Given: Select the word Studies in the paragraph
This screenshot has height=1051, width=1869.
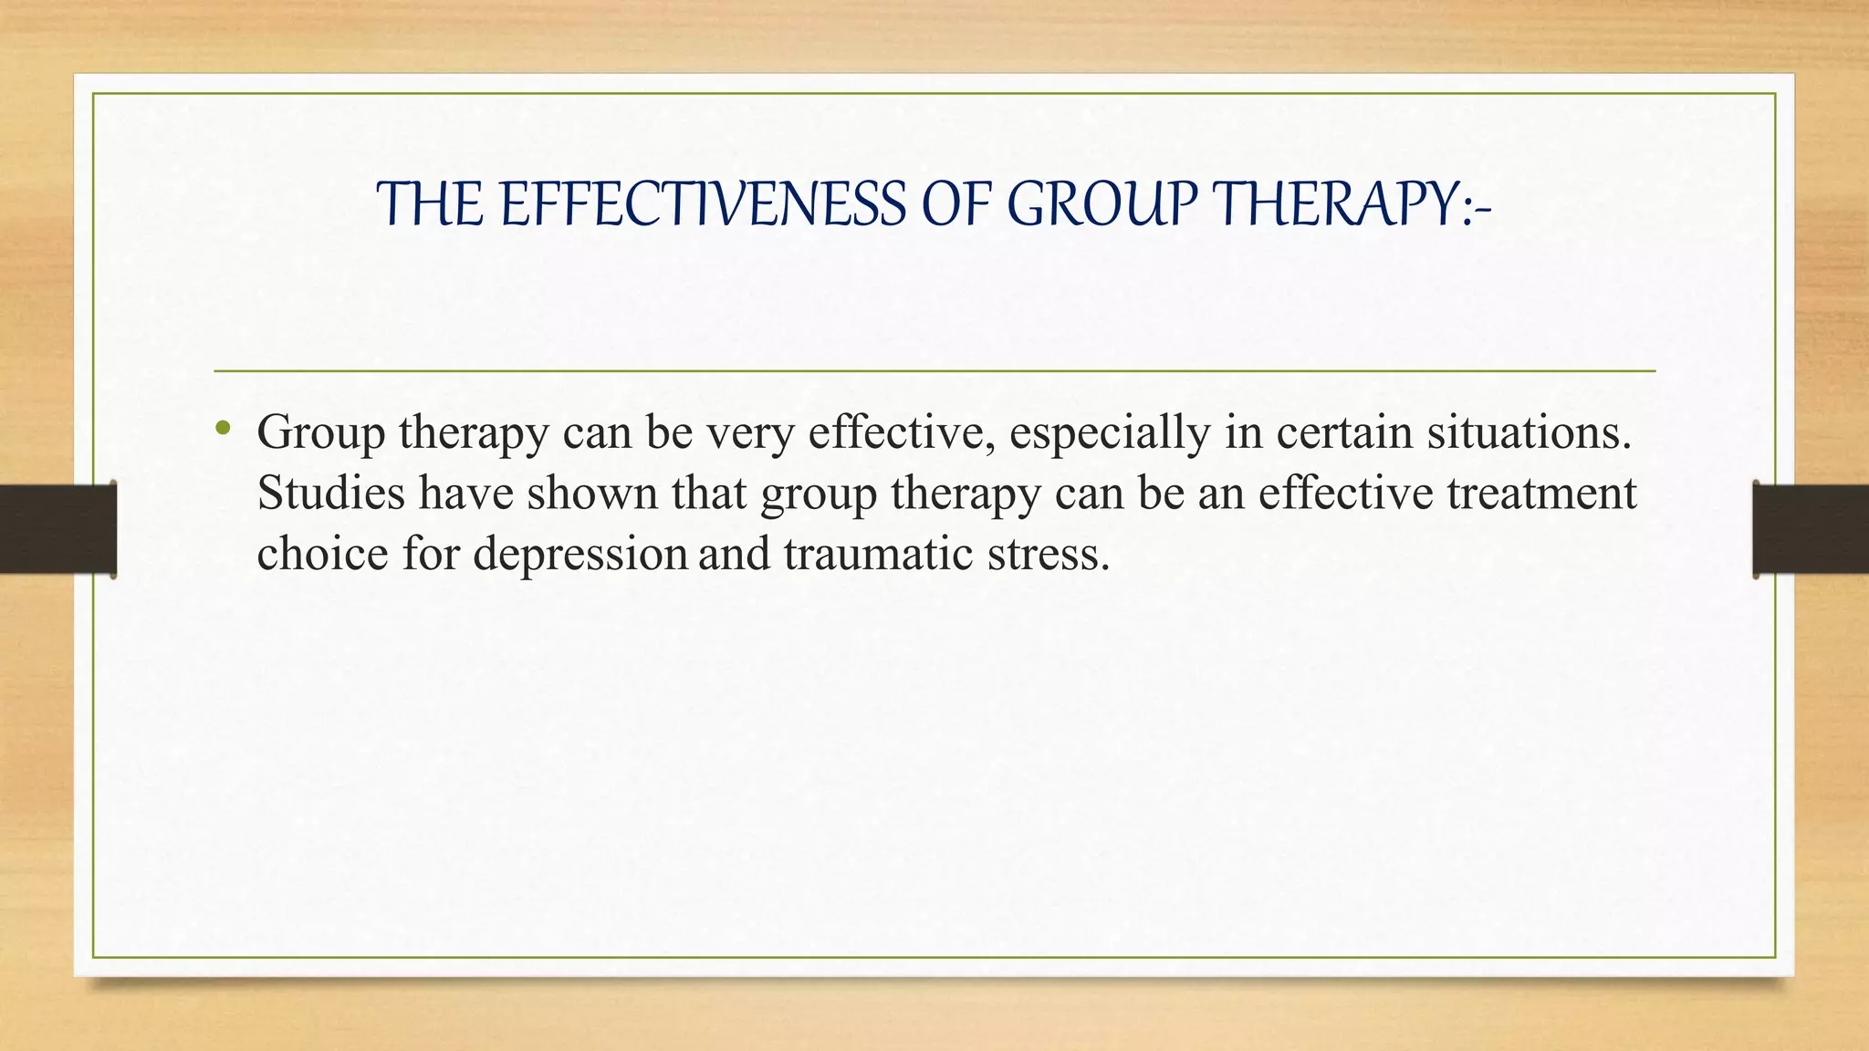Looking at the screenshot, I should pos(330,493).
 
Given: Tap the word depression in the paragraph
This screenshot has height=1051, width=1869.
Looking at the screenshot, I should pos(579,554).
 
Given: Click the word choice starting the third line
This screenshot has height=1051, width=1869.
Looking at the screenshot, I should pos(322,554).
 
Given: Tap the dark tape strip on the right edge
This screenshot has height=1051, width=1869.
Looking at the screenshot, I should pos(1811,529).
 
